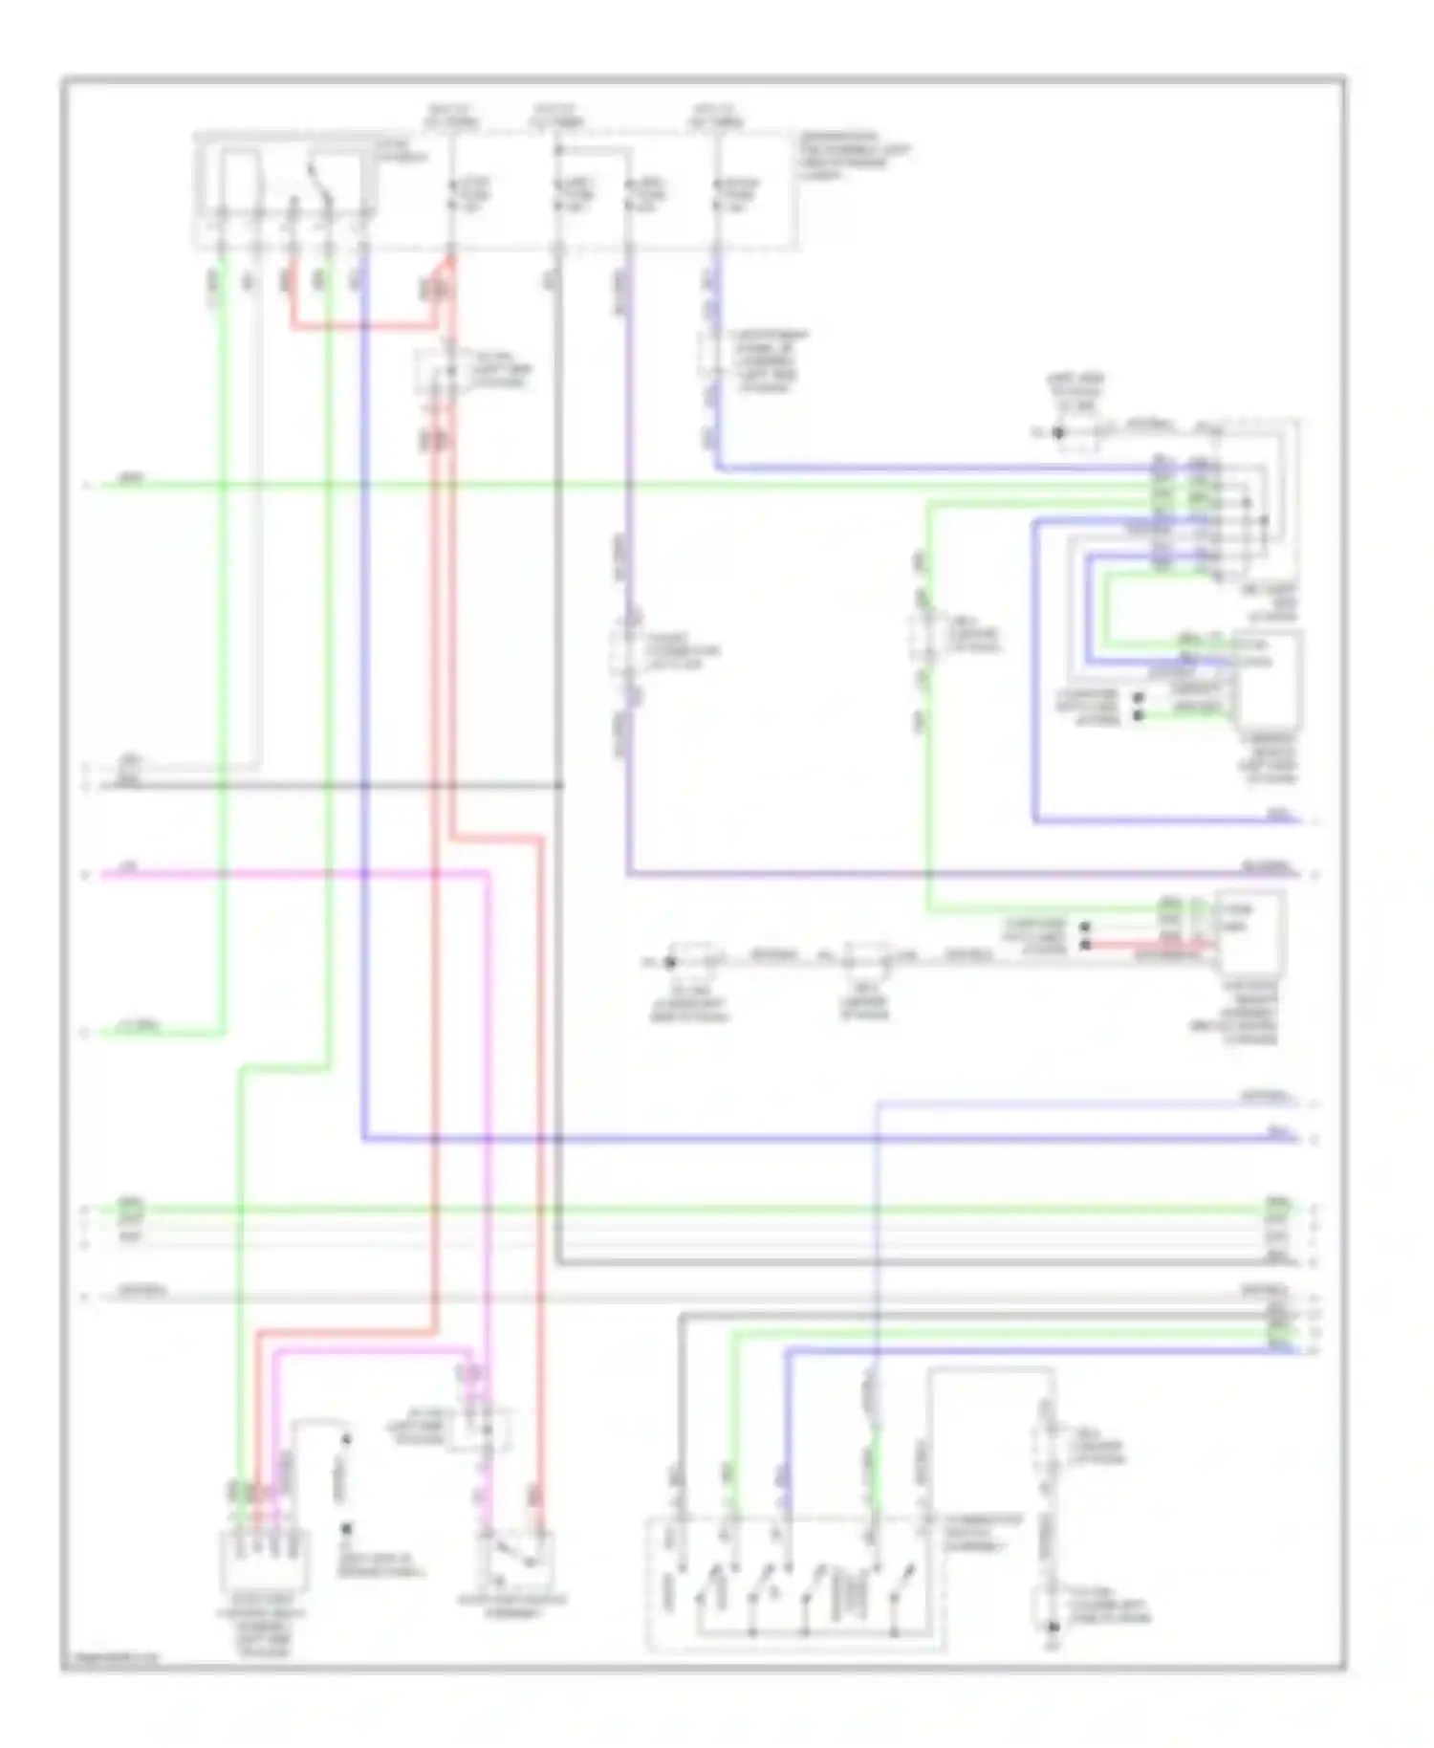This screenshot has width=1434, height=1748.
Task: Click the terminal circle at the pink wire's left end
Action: point(85,874)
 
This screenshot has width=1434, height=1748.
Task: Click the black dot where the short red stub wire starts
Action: point(1085,945)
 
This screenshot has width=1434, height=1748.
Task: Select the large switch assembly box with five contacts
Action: point(793,1583)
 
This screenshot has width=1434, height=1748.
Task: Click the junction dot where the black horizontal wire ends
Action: point(560,786)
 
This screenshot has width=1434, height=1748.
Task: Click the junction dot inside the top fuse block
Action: point(558,150)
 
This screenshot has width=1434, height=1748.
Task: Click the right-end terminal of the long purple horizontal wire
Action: point(1315,874)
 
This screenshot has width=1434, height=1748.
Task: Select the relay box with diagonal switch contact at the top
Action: point(287,191)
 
